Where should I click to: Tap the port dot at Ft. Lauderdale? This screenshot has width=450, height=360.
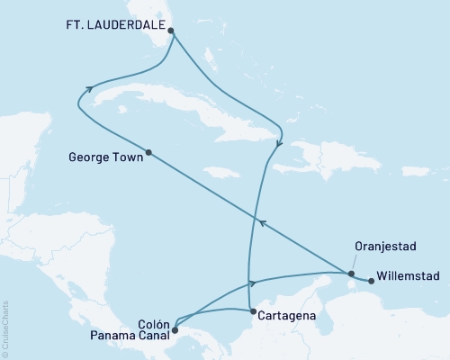pyautogui.click(x=171, y=30)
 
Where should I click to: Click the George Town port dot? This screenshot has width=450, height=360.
pyautogui.click(x=148, y=152)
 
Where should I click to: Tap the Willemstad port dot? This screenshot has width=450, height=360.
pyautogui.click(x=371, y=280)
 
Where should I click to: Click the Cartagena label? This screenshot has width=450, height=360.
pyautogui.click(x=286, y=316)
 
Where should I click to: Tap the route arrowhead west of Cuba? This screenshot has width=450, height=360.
pyautogui.click(x=90, y=88)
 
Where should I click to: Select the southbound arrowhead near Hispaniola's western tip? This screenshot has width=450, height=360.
pyautogui.click(x=280, y=142)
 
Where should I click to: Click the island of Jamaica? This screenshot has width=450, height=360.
pyautogui.click(x=221, y=171)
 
